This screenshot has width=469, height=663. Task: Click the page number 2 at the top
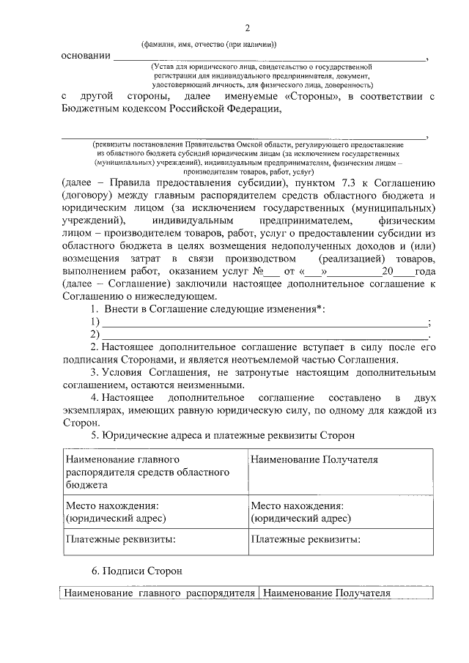click(x=247, y=28)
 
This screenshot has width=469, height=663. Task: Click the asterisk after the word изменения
click(x=321, y=310)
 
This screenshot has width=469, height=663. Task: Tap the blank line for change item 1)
click(x=264, y=323)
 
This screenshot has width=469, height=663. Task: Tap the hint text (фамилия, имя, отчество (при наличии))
click(x=209, y=43)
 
